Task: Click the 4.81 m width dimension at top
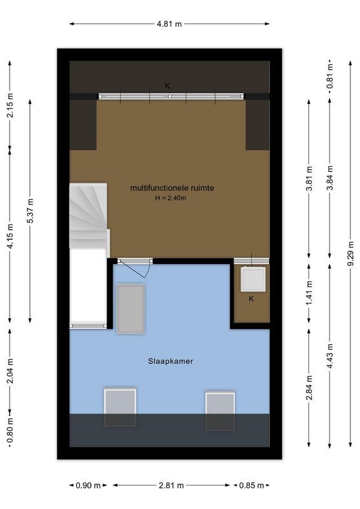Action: tap(169, 24)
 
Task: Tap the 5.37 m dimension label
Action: tap(30, 211)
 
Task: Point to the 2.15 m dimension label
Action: tap(10, 106)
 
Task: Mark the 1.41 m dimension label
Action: tap(308, 293)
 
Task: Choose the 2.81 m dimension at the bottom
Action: tap(169, 486)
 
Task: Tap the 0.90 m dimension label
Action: tap(88, 486)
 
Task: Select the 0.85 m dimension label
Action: tap(251, 486)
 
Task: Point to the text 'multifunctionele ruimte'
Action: tap(172, 188)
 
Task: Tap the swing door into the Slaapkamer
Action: tap(135, 267)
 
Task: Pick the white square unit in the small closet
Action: tap(252, 279)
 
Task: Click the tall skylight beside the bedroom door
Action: tap(131, 308)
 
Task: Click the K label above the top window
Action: tap(168, 86)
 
